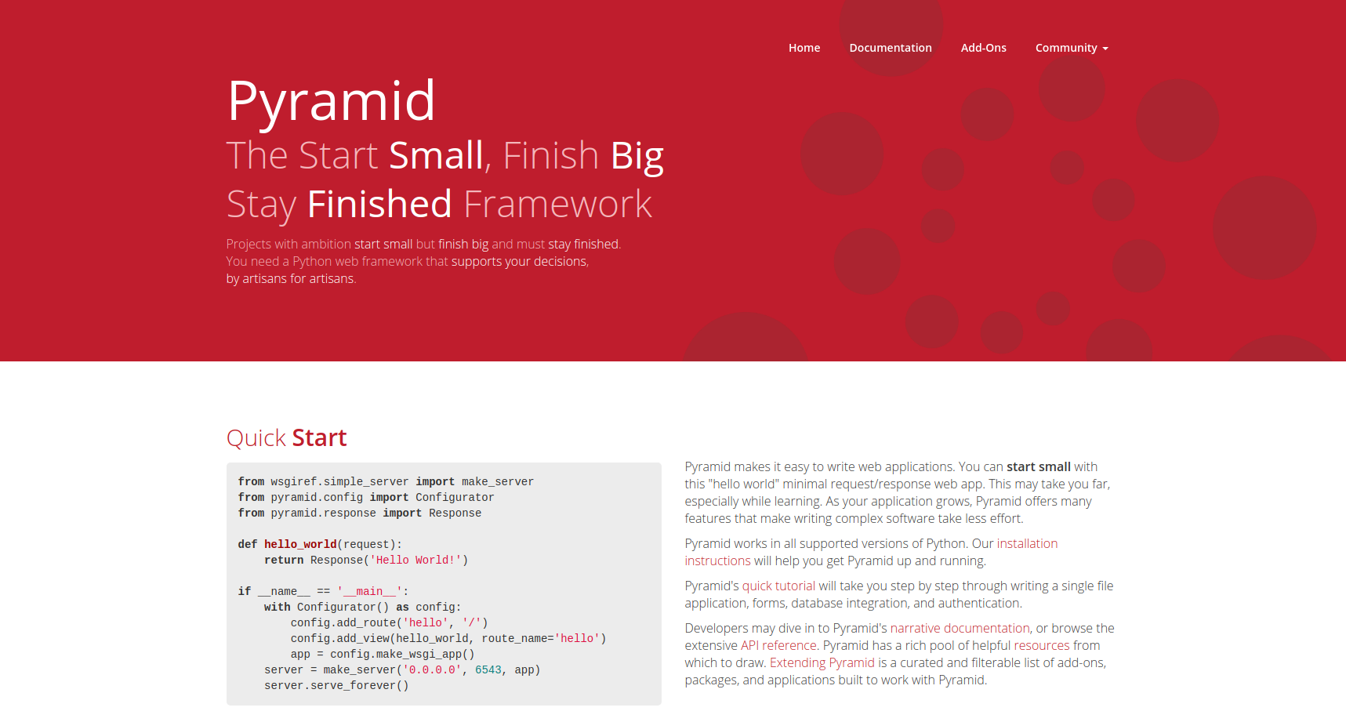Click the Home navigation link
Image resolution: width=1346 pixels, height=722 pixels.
coord(804,48)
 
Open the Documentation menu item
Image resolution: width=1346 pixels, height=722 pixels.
coord(891,48)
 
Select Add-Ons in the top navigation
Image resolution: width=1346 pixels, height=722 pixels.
coord(984,48)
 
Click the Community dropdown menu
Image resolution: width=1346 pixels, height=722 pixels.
coord(1072,48)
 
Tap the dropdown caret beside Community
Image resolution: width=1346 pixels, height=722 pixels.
coord(1105,49)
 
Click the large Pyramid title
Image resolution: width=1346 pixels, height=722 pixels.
coord(331,101)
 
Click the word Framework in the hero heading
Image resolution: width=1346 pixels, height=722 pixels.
coord(558,204)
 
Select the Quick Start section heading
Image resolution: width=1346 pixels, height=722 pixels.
coord(287,437)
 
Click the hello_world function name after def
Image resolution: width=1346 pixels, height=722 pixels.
coord(300,544)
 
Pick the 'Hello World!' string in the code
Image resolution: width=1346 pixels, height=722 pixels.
coord(415,560)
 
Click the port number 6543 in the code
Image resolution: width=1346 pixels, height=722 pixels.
coord(488,669)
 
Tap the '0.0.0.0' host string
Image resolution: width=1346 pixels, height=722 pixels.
coord(432,669)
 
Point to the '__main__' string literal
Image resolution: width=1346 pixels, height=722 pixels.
coord(369,591)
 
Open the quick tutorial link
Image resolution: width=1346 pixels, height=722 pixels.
coord(778,586)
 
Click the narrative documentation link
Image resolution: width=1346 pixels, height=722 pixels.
coord(960,628)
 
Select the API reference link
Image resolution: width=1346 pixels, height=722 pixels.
coord(778,645)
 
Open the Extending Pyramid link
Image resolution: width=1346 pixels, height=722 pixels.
coord(822,662)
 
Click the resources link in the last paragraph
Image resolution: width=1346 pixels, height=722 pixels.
coord(1042,645)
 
